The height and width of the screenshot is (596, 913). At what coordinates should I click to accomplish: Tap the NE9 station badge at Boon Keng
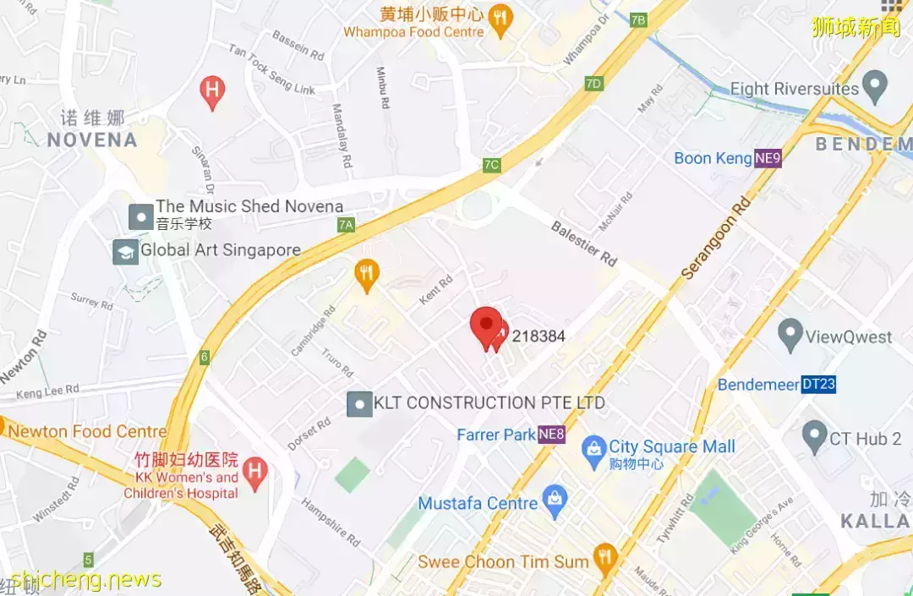[x=768, y=158]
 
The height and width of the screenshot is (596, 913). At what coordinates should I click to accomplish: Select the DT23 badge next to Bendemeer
[x=818, y=385]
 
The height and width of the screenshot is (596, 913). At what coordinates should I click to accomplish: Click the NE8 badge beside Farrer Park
[x=551, y=435]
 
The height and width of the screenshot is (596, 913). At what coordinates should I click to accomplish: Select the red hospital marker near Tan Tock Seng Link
[x=212, y=90]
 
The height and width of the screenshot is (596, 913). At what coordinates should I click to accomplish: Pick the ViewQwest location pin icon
[x=790, y=335]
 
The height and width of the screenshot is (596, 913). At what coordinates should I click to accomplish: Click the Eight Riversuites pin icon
[x=875, y=85]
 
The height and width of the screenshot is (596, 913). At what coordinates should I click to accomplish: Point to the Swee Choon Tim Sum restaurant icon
[x=604, y=558]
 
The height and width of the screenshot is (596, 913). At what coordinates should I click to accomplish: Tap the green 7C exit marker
[x=491, y=164]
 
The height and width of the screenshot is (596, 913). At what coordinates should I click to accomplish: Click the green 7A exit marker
[x=345, y=225]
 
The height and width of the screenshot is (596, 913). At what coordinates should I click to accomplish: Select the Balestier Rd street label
[x=584, y=243]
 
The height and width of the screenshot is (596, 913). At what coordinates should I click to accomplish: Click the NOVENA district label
[x=92, y=140]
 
